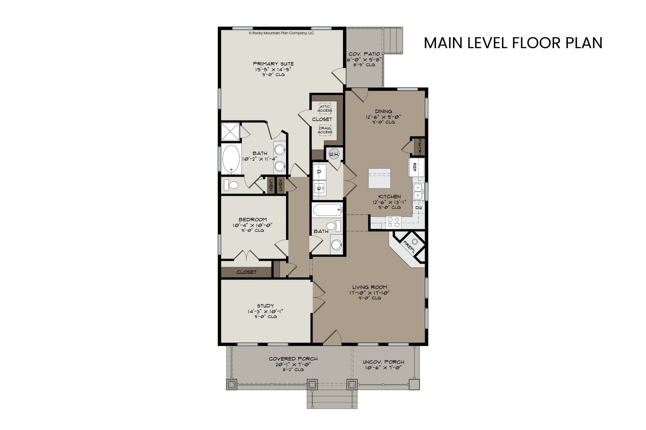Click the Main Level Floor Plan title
513,43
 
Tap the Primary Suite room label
274,64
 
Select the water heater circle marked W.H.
334,154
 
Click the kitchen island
380,178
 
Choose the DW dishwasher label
419,207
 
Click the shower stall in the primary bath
230,132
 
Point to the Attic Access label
325,109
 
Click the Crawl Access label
325,130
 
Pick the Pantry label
420,147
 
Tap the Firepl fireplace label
409,247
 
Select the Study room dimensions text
265,311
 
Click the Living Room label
370,287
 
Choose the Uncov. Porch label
383,362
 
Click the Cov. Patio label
364,54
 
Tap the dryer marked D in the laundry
319,172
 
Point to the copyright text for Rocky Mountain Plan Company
281,33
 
